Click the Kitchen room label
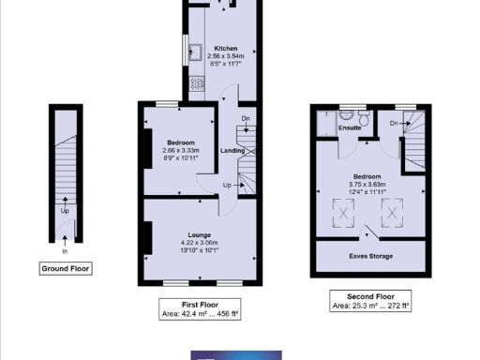[x=225, y=48]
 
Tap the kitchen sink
[x=197, y=52]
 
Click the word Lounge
[x=199, y=234]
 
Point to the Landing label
[x=232, y=150]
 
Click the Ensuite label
[x=350, y=127]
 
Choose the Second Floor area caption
[x=372, y=300]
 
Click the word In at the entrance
[x=65, y=251]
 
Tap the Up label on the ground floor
[x=65, y=210]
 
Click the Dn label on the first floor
[x=245, y=118]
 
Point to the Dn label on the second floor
[x=394, y=123]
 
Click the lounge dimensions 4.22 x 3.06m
[x=199, y=244]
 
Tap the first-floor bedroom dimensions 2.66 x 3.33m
[x=174, y=150]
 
